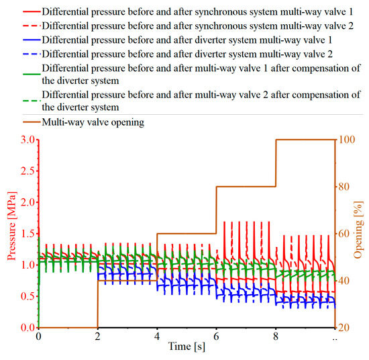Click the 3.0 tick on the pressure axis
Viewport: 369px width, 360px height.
[x=27, y=140]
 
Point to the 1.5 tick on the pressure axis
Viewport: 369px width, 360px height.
[x=27, y=234]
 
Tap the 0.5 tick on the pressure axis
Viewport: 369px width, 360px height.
[x=27, y=296]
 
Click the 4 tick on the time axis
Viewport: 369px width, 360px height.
[x=157, y=335]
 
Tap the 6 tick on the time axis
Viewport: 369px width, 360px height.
[x=216, y=335]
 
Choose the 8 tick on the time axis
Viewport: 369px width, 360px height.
[x=276, y=335]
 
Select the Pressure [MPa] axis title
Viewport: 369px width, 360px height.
[x=9, y=233]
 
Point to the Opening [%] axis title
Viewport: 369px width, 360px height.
[x=359, y=233]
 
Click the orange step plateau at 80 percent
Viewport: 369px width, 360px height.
[x=246, y=187]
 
